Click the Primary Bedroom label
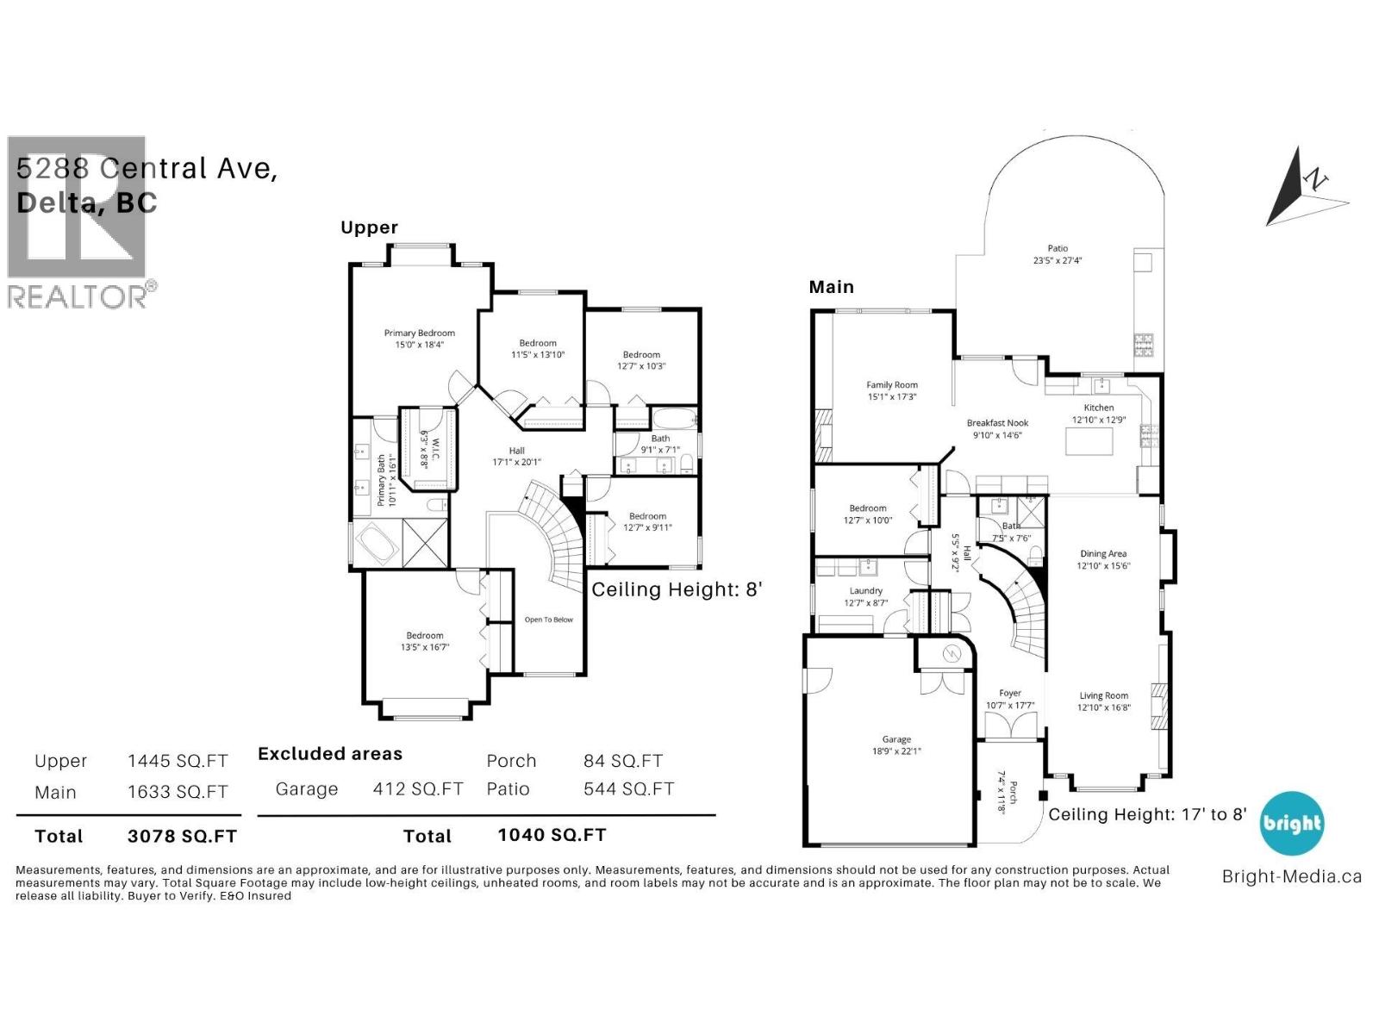pyautogui.click(x=419, y=333)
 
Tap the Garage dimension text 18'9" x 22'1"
pyautogui.click(x=896, y=751)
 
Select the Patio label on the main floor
pyautogui.click(x=1058, y=248)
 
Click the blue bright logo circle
pyautogui.click(x=1291, y=823)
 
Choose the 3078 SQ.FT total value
pyautogui.click(x=182, y=836)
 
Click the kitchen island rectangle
pyautogui.click(x=1089, y=442)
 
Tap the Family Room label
pyautogui.click(x=892, y=385)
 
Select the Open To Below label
pyautogui.click(x=548, y=620)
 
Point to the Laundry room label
pyautogui.click(x=865, y=591)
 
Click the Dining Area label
pyautogui.click(x=1103, y=554)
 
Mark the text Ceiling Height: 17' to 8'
pyautogui.click(x=1147, y=814)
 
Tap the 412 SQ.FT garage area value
pyautogui.click(x=418, y=789)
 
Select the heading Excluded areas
pyautogui.click(x=330, y=754)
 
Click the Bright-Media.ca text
pyautogui.click(x=1291, y=877)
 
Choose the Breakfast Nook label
pyautogui.click(x=997, y=423)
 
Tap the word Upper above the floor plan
pyautogui.click(x=369, y=227)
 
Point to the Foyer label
pyautogui.click(x=1010, y=693)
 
